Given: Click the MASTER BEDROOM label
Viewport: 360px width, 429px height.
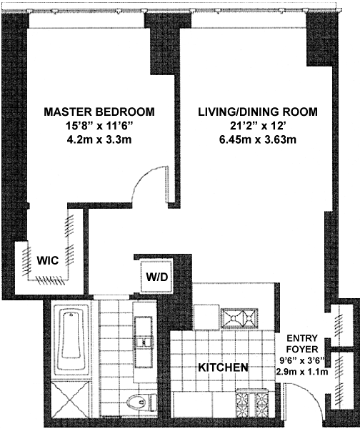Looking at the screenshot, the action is [x=99, y=112].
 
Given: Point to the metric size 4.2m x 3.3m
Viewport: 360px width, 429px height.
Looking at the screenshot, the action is [x=99, y=140].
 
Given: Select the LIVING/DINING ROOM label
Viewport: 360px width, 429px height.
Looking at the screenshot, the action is [x=258, y=112].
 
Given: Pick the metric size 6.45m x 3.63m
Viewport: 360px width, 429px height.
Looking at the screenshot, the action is [x=258, y=140].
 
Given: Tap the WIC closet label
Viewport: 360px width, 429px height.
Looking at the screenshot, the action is [x=48, y=260].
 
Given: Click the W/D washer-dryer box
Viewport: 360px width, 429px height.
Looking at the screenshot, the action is [x=156, y=277].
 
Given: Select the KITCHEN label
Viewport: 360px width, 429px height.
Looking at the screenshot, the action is [x=223, y=368].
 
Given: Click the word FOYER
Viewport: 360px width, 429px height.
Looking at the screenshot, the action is [x=302, y=349].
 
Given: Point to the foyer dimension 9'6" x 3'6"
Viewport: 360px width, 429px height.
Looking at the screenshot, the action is [x=301, y=361].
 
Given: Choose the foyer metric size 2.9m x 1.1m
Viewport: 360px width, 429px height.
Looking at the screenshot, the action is [x=301, y=372].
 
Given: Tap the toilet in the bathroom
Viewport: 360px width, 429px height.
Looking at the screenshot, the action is [x=142, y=402].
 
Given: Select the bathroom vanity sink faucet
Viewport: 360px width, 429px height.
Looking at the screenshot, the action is [x=143, y=342].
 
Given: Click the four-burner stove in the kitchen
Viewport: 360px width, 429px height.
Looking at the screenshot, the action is [x=251, y=403].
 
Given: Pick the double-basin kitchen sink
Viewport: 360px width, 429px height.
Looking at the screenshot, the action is [x=240, y=318].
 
